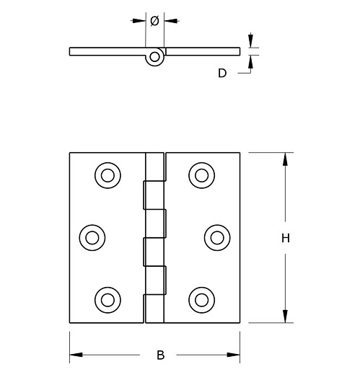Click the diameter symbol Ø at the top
point(154,21)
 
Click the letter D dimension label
point(222,72)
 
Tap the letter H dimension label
point(285,238)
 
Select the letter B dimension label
point(160,355)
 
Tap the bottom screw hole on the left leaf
point(107,298)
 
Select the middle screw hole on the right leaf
point(216,236)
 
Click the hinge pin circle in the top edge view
point(154,59)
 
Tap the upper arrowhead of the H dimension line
point(286,159)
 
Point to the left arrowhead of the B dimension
point(76,354)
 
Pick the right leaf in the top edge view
point(202,50)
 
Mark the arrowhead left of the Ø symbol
point(141,21)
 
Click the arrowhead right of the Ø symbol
point(169,21)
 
